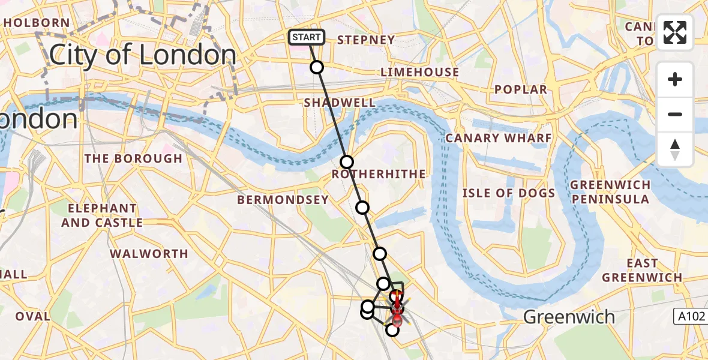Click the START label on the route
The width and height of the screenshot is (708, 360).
(x=307, y=37)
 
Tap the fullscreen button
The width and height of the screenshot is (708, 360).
(x=675, y=32)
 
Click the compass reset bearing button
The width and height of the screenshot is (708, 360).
(x=675, y=149)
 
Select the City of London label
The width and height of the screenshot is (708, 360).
(x=143, y=55)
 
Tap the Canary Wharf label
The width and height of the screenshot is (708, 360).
(x=498, y=138)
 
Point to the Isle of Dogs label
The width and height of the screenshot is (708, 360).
(x=509, y=193)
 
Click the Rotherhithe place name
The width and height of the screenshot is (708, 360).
(x=379, y=174)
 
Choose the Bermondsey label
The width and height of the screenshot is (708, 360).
(x=283, y=200)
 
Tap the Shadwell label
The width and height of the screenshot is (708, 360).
(x=340, y=103)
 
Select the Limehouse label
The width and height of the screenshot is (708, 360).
(x=420, y=72)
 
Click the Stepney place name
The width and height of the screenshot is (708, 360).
(x=366, y=40)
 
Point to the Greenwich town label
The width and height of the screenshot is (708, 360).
(x=569, y=316)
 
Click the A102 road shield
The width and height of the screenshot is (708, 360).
(x=689, y=316)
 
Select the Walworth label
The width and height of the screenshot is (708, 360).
(x=149, y=254)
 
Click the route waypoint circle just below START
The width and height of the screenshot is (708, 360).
(x=317, y=67)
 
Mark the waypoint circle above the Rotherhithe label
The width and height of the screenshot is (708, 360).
(x=347, y=161)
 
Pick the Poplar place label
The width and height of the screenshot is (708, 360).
(x=521, y=89)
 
